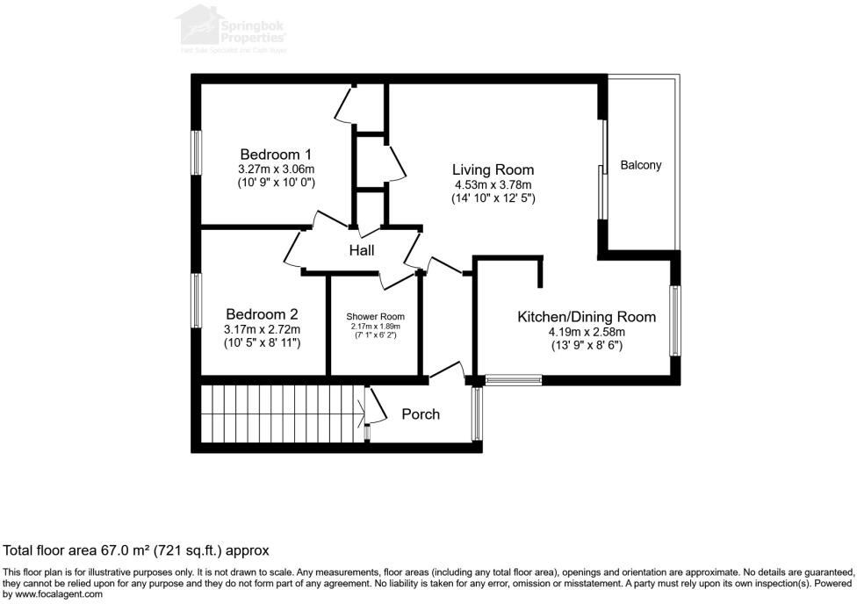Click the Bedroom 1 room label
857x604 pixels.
click(x=276, y=154)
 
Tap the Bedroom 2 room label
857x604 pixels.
click(x=262, y=313)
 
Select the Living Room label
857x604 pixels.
click(x=493, y=169)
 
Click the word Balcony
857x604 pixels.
click(x=640, y=165)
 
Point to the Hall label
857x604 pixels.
click(x=362, y=251)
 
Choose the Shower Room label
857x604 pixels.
click(x=375, y=316)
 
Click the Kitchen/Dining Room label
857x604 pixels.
click(x=586, y=317)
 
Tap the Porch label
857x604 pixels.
click(x=421, y=413)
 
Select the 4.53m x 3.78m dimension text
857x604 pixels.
click(x=493, y=185)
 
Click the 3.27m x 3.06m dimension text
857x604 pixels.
click(x=276, y=169)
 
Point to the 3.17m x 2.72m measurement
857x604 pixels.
click(x=262, y=329)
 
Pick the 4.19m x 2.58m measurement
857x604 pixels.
click(x=586, y=332)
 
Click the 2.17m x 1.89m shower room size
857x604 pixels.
click(x=375, y=327)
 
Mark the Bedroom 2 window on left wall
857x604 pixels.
click(x=198, y=300)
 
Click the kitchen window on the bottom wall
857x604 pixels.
click(x=513, y=381)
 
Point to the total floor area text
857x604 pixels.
click(x=136, y=550)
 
